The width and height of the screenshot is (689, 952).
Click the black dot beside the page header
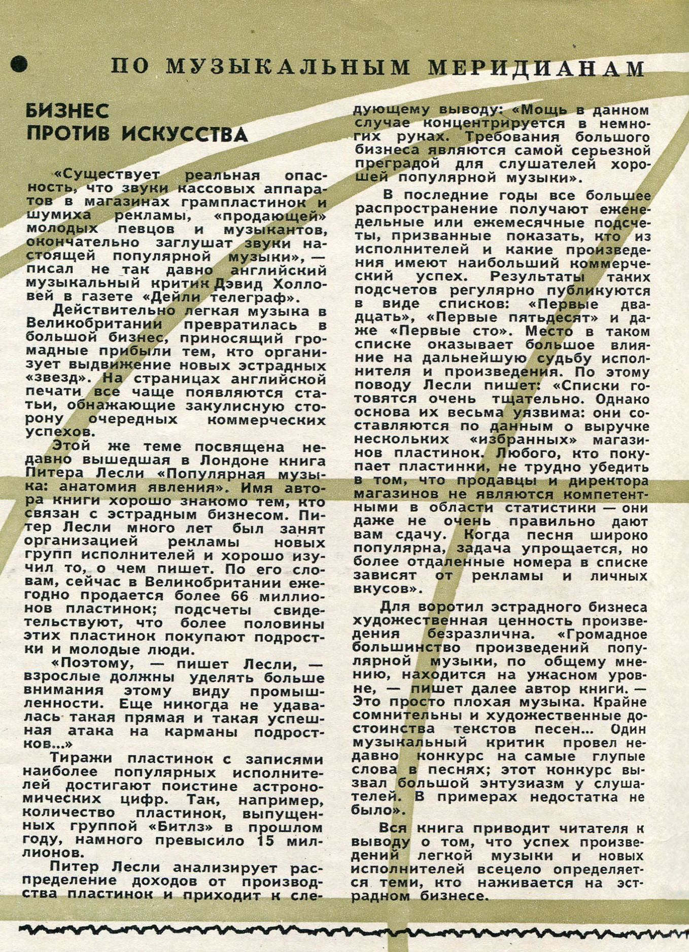[x=19, y=64]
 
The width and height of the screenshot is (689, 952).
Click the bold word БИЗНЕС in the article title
[x=67, y=111]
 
